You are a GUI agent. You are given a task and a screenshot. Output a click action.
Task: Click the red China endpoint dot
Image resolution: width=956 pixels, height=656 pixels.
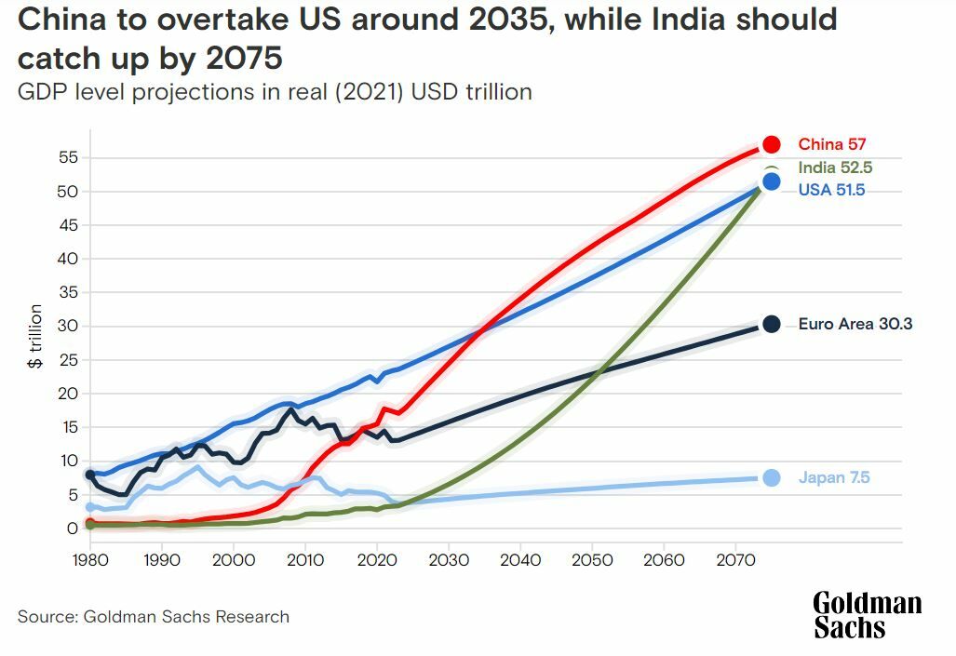[771, 144]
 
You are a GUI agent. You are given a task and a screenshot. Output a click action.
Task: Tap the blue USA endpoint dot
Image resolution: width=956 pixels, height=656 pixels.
[771, 181]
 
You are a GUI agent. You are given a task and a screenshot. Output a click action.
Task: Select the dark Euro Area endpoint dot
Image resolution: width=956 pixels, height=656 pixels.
[771, 324]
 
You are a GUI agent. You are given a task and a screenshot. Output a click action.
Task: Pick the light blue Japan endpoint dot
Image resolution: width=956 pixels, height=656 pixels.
[771, 477]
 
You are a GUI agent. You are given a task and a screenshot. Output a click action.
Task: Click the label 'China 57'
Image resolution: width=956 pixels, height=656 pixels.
[832, 144]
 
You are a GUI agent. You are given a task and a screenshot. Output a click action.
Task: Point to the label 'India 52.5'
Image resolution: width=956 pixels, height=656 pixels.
[835, 167]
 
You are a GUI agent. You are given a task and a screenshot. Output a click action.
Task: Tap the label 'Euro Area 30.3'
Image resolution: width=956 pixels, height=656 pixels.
[855, 324]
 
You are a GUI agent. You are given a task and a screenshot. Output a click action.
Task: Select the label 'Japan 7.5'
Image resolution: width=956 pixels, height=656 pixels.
[834, 477]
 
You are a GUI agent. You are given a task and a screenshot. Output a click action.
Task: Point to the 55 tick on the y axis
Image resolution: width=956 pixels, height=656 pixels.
[67, 157]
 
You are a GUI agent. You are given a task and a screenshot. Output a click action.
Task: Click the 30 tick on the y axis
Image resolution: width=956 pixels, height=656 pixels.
[67, 326]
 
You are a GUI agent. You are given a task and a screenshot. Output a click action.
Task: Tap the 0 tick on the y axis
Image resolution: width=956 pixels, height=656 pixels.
[71, 529]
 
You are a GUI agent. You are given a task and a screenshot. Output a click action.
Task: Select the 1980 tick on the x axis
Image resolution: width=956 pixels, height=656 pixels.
[90, 560]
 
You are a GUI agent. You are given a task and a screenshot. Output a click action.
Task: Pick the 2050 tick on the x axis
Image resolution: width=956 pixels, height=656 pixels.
[592, 560]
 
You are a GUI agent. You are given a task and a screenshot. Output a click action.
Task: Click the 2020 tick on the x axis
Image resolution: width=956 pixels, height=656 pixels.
[377, 560]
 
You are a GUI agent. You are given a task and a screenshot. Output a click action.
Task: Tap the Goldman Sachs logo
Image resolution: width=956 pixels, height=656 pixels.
[867, 614]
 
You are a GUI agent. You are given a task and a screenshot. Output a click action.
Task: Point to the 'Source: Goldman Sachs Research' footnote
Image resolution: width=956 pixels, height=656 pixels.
[154, 616]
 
